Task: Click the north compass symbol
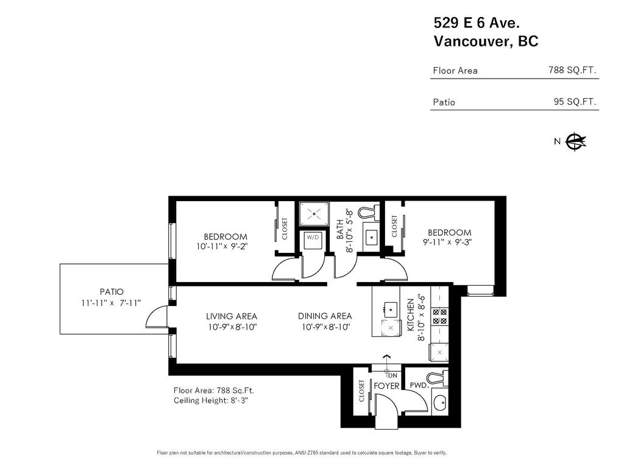[x=575, y=141]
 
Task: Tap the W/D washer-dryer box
[x=313, y=239]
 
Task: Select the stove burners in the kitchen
[x=439, y=316]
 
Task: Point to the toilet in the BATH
[x=367, y=213]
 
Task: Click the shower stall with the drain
[x=314, y=214]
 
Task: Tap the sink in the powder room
[x=439, y=403]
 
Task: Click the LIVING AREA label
[x=231, y=316]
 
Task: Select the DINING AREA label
[x=325, y=316]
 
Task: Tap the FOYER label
[x=386, y=386]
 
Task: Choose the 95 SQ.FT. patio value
[x=575, y=102]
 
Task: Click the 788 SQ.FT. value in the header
[x=572, y=70]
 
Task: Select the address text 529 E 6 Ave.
[x=476, y=23]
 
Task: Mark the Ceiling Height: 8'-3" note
[x=210, y=400]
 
